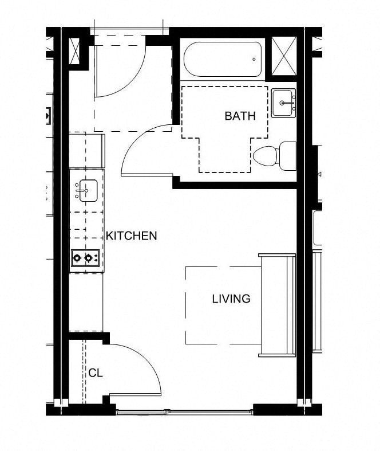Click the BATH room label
coord(240,116)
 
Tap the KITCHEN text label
coord(131,236)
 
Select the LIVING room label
coord(231,299)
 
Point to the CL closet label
coord(95,372)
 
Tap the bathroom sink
coord(283,103)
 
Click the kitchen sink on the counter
coord(87,190)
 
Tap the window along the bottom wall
coord(183,410)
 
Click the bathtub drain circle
coord(254,59)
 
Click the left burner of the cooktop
coord(78,258)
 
